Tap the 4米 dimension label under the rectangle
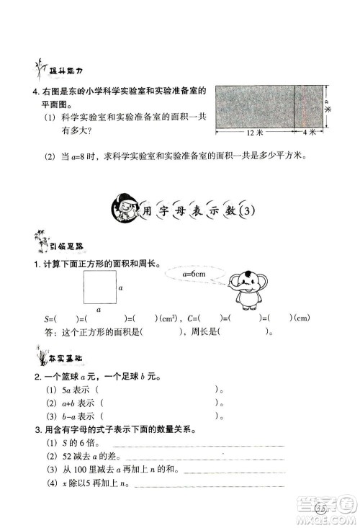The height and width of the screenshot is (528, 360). (309, 134)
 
